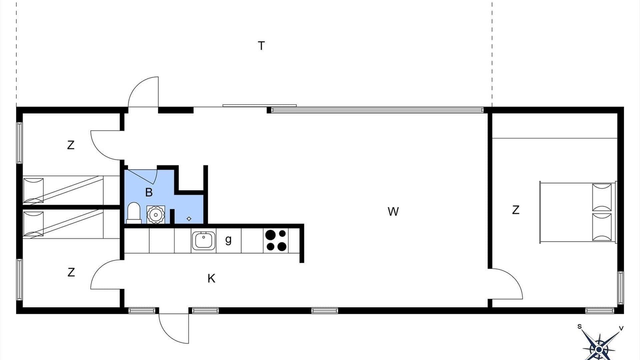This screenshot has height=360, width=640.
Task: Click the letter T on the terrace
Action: pyautogui.click(x=261, y=45)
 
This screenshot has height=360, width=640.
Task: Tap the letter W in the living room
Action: pyautogui.click(x=393, y=211)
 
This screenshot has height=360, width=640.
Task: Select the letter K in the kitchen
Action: pyautogui.click(x=211, y=278)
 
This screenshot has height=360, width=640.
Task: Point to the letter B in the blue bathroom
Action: pyautogui.click(x=149, y=192)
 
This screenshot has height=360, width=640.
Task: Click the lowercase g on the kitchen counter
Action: pyautogui.click(x=228, y=240)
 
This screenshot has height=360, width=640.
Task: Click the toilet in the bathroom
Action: pyautogui.click(x=133, y=213)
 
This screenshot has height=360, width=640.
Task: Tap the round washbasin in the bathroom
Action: pyautogui.click(x=155, y=214)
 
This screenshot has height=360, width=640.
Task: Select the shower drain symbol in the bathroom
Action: pyautogui.click(x=189, y=219)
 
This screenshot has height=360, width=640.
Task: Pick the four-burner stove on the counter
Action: pyautogui.click(x=276, y=240)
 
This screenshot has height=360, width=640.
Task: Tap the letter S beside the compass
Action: pyautogui.click(x=579, y=326)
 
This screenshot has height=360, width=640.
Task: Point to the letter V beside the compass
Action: pyautogui.click(x=621, y=328)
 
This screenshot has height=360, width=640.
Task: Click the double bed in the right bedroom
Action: pyautogui.click(x=577, y=212)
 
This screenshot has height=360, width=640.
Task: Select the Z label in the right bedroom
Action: pyautogui.click(x=515, y=210)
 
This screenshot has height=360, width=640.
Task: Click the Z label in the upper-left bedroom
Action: pyautogui.click(x=70, y=145)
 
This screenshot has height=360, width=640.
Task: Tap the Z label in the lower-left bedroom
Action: pyautogui.click(x=71, y=272)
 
